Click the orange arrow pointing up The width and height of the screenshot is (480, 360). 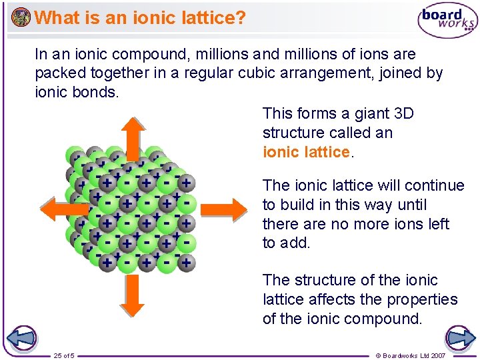click(x=132, y=137)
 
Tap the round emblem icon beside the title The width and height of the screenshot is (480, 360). click(x=21, y=17)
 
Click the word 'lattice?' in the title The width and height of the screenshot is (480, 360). click(x=212, y=17)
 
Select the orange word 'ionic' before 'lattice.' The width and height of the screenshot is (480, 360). click(x=281, y=152)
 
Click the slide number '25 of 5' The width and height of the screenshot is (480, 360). click(x=64, y=355)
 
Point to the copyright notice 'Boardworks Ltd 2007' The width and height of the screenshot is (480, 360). click(x=414, y=355)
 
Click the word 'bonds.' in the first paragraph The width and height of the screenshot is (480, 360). click(x=98, y=92)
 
